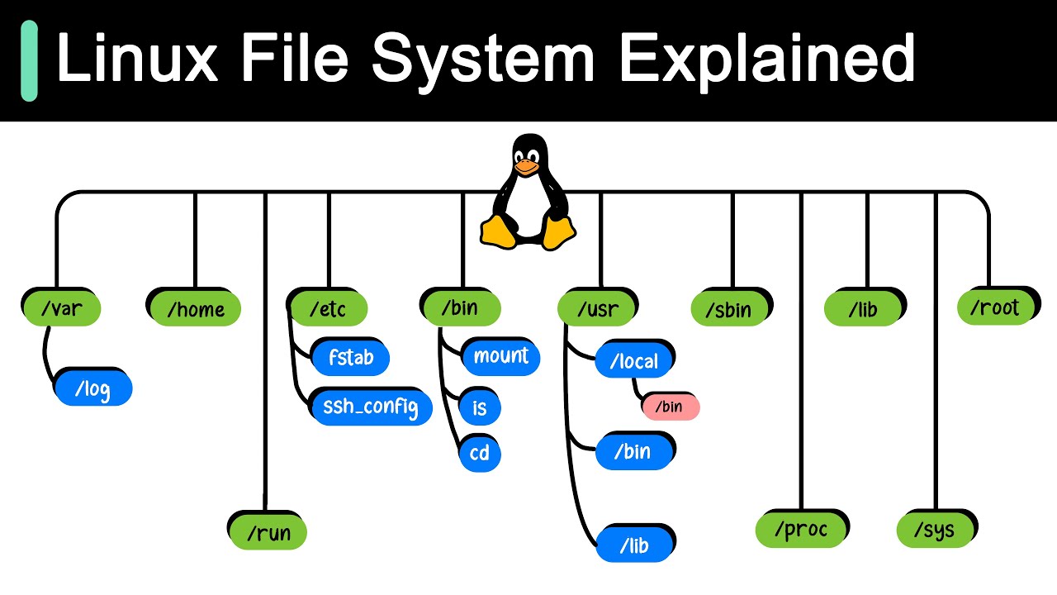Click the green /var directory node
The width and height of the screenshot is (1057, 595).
60,308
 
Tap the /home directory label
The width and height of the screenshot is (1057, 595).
195,308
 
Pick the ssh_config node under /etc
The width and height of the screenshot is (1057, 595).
371,406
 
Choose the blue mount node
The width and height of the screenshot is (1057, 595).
500,356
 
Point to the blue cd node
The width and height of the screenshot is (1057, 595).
480,453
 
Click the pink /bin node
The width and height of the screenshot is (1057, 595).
670,407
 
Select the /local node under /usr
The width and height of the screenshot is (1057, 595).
634,360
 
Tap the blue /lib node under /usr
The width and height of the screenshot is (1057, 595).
634,545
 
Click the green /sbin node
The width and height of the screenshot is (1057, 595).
730,308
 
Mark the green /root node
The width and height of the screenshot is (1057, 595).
995,307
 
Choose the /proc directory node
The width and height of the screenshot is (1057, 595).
801,530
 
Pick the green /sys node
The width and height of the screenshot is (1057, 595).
936,530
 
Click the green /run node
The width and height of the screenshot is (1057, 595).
268,532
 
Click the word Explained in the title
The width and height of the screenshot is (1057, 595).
766,59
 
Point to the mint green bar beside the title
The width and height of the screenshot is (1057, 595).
30,60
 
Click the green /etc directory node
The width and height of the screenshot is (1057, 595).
328,308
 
